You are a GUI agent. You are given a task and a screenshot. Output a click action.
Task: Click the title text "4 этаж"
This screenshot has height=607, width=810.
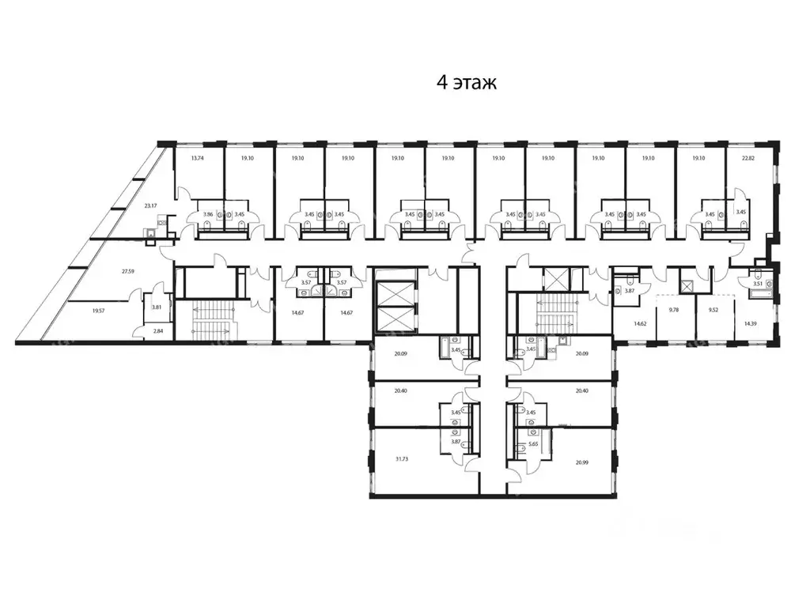click(466, 83)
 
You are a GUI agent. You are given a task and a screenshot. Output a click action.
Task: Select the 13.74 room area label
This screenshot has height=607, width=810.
click(197, 158)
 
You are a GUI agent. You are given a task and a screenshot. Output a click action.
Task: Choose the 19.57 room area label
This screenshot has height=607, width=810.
click(97, 311)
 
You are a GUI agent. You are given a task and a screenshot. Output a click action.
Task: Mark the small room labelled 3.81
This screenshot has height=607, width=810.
click(156, 307)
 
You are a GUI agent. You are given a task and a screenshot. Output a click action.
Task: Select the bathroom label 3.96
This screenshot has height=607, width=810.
click(208, 214)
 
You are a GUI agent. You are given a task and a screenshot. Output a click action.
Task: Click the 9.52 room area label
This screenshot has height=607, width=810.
click(712, 311)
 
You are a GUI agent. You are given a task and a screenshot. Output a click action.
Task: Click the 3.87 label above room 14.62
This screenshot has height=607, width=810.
click(630, 291)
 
